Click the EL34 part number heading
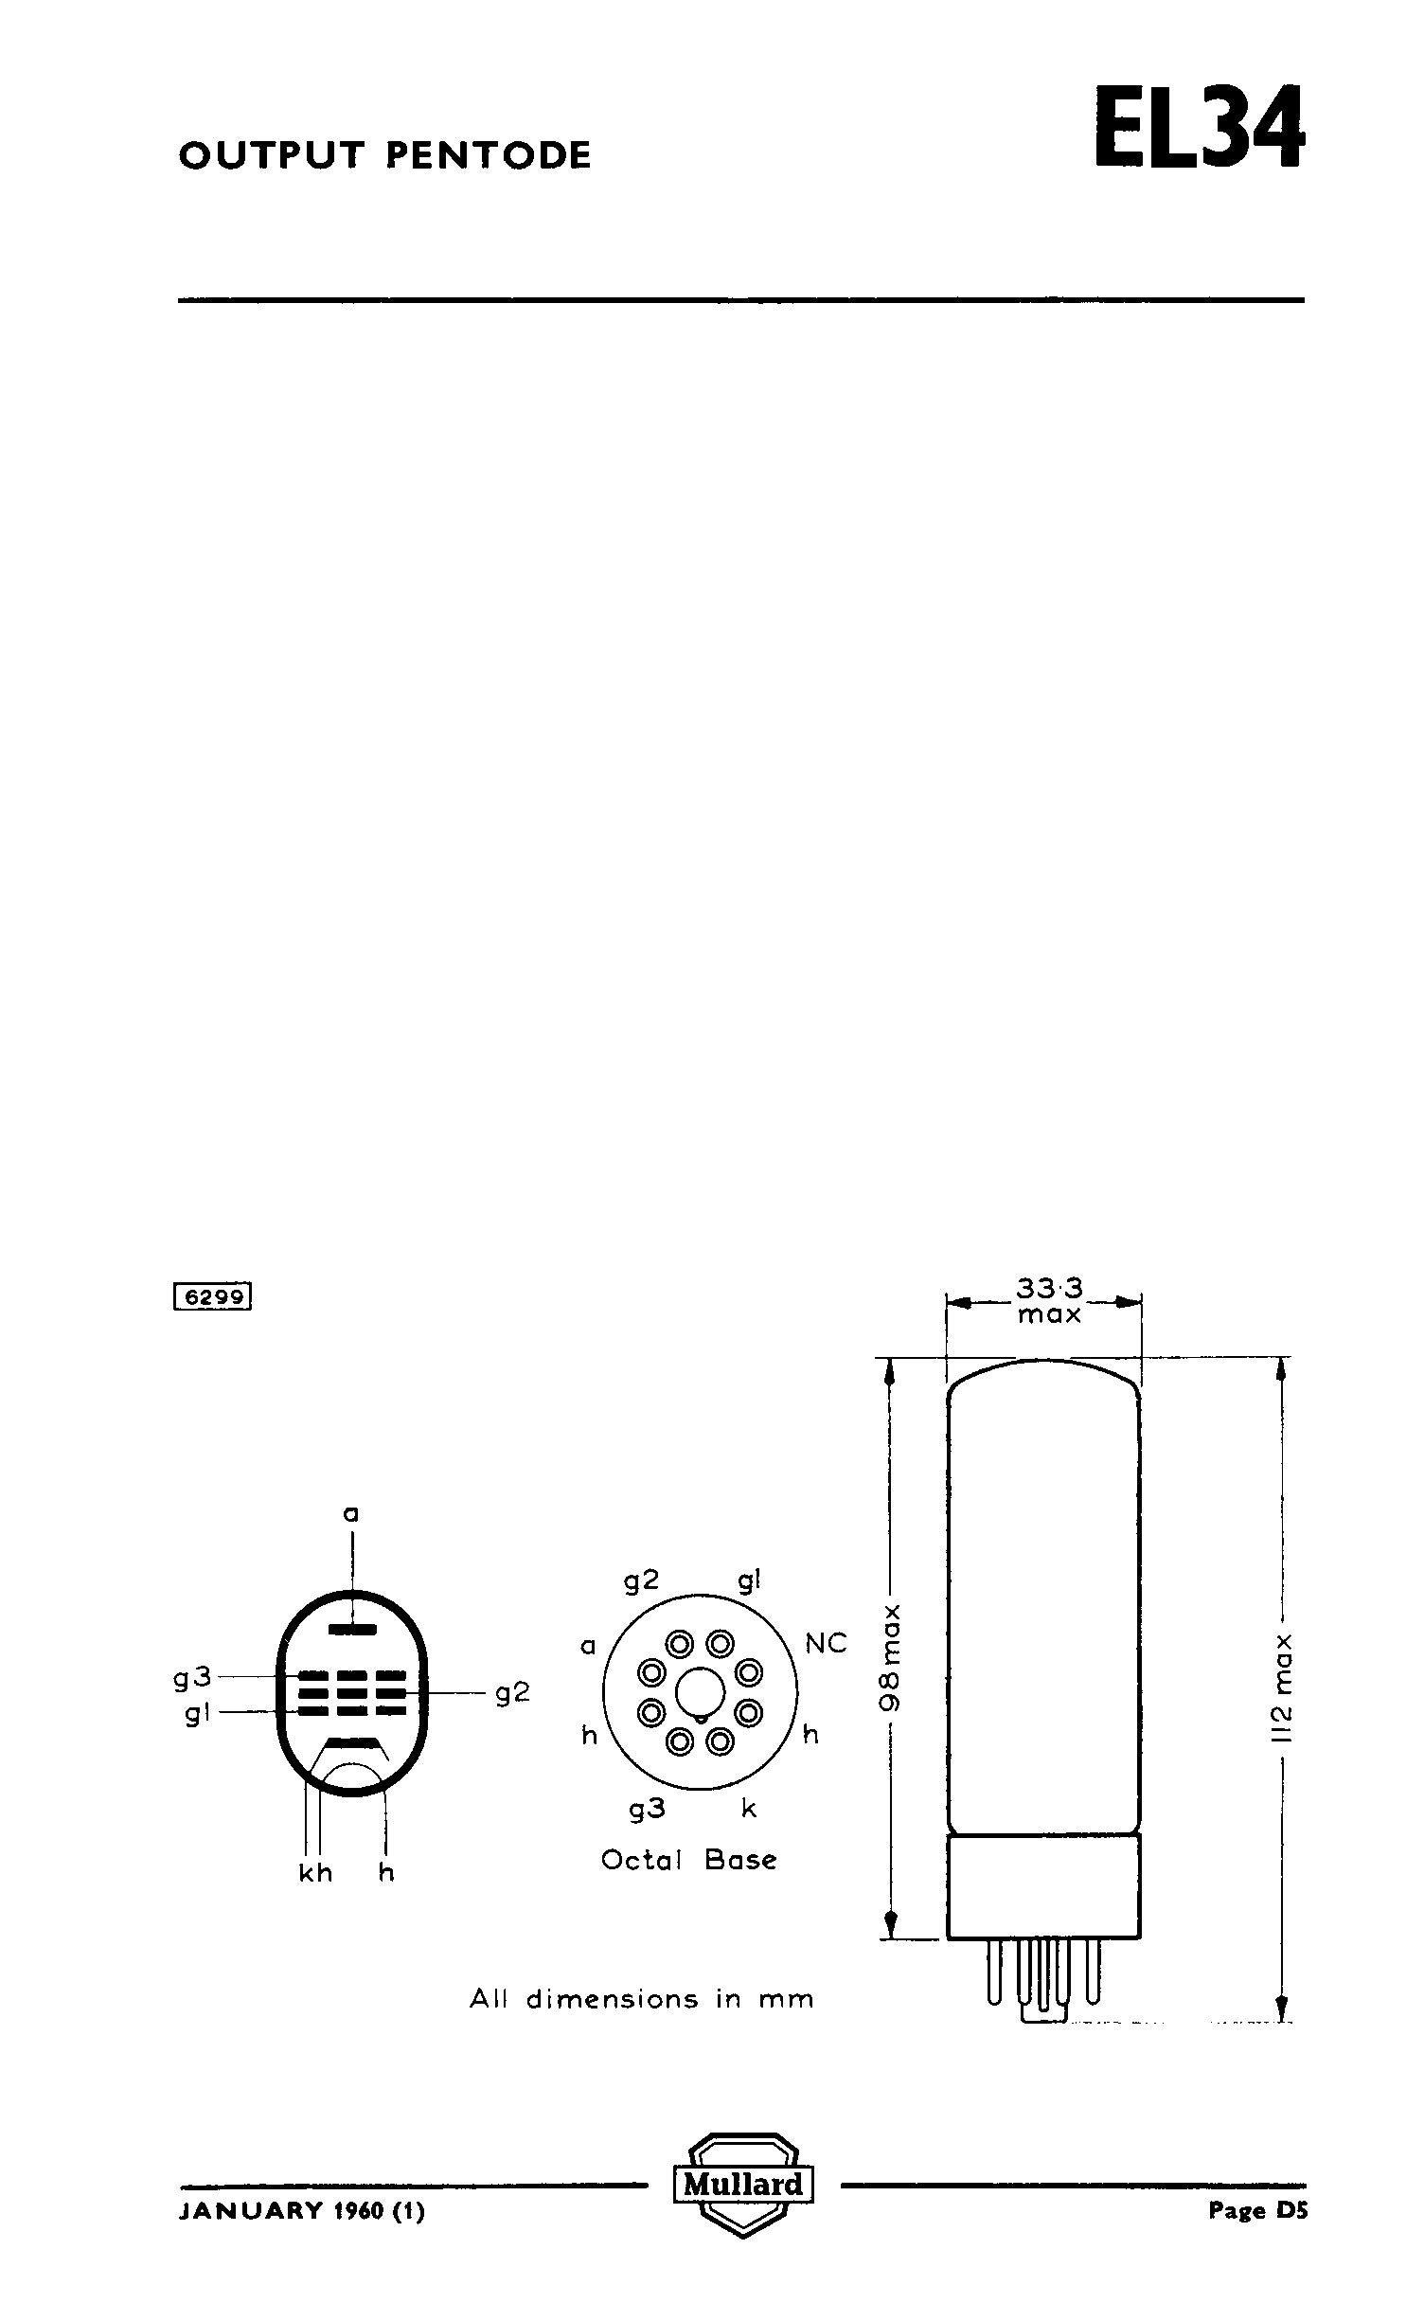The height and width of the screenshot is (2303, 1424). [1200, 129]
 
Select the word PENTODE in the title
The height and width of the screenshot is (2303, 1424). [489, 155]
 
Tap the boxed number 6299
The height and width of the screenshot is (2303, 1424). [213, 1296]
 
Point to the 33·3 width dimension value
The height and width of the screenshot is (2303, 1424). [1049, 1289]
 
